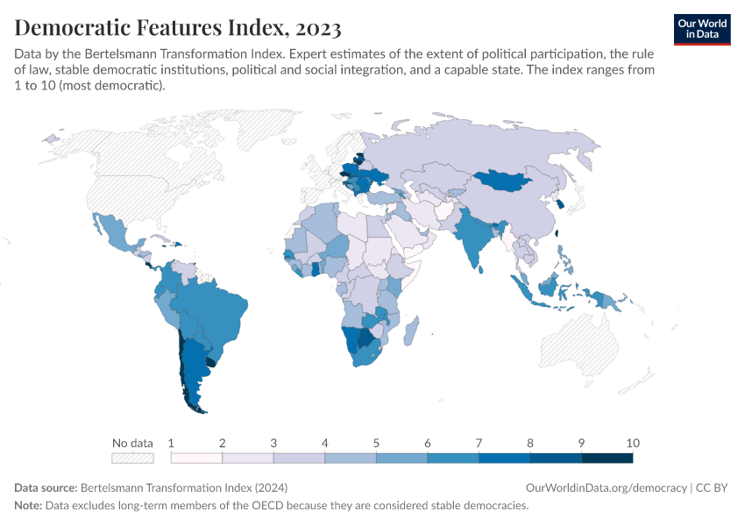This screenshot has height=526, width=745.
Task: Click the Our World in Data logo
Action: [x=701, y=29]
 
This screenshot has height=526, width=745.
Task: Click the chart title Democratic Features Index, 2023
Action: [x=178, y=28]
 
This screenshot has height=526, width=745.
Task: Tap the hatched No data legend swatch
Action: [x=132, y=458]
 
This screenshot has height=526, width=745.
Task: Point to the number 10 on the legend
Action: [x=633, y=443]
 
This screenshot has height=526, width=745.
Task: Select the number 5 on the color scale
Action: [x=376, y=443]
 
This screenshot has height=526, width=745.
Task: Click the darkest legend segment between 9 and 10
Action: [x=607, y=458]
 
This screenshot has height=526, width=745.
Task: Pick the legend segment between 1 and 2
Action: [x=196, y=458]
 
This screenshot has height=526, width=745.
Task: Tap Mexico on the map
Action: [x=114, y=232]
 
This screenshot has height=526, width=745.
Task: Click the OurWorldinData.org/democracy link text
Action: [x=606, y=487]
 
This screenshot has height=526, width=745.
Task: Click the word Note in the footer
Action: [x=29, y=506]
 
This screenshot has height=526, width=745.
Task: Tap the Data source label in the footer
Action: [x=46, y=487]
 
